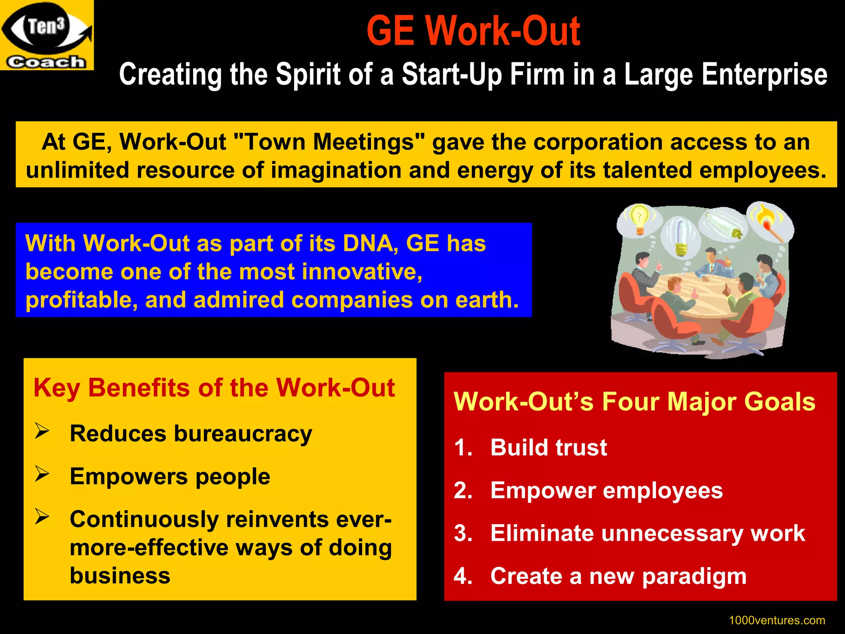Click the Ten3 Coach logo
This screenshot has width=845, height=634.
47,35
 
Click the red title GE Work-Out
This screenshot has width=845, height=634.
473,31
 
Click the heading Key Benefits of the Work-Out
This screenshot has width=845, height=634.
214,388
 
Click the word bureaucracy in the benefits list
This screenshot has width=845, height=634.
243,434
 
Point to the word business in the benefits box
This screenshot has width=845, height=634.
120,575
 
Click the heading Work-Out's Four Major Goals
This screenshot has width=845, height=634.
634,402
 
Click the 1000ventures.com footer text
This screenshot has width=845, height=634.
777,620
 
